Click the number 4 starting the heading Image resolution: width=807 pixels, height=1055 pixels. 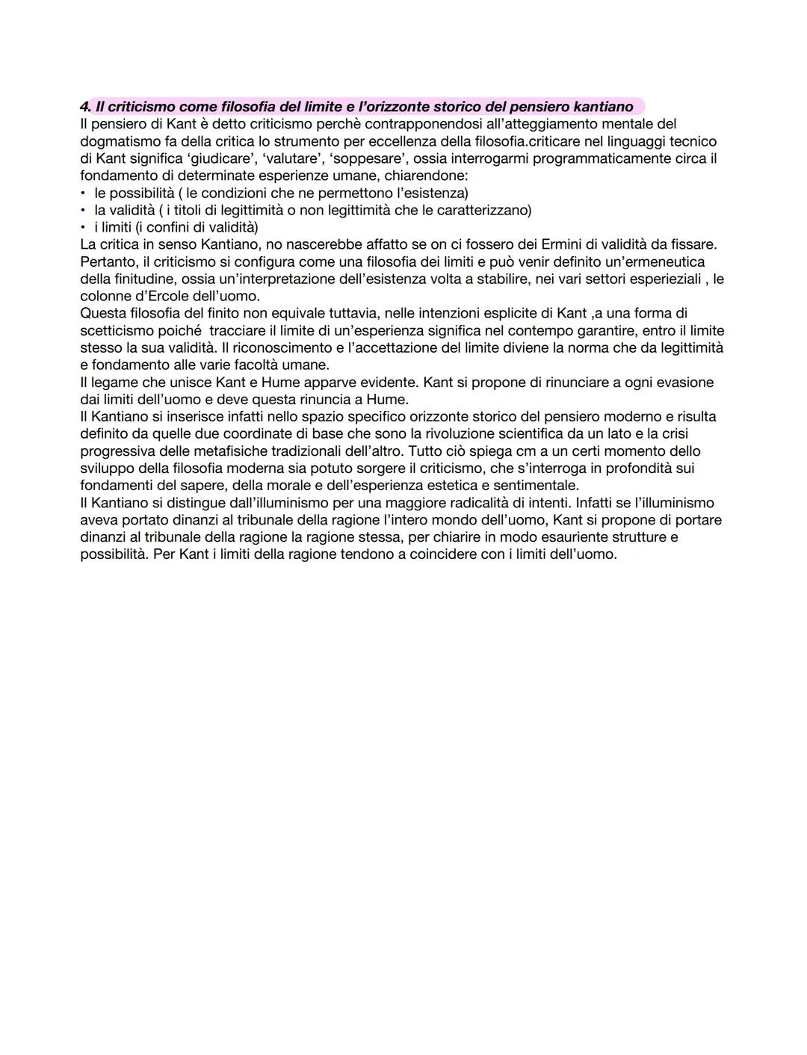pos(84,107)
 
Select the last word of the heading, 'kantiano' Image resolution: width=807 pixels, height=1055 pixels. pos(603,107)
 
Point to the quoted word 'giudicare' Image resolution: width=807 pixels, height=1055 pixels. pos(205,158)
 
